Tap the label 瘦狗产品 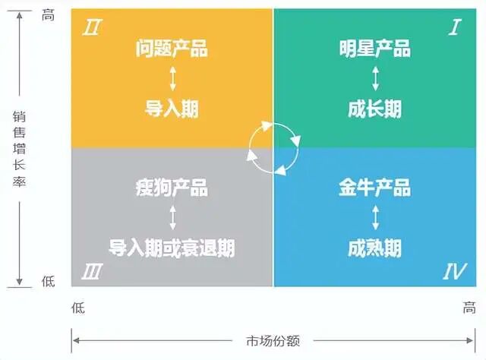click(172, 188)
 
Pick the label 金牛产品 click(374, 188)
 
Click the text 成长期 click(374, 109)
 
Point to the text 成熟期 click(374, 248)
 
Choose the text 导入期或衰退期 click(172, 248)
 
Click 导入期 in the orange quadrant click(172, 109)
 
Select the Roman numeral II click(92, 28)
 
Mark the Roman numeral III click(93, 270)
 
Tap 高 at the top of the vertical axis click(48, 15)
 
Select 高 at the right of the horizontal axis click(469, 308)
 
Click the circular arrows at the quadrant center click(273, 147)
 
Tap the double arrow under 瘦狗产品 click(172, 218)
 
